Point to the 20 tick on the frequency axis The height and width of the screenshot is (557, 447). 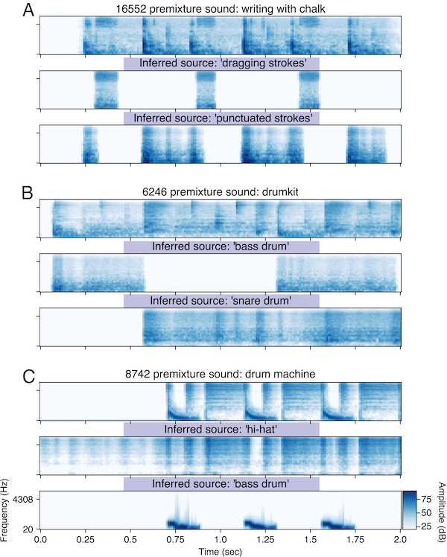click(x=28, y=528)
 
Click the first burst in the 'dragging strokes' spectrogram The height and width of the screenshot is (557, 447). click(x=106, y=90)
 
